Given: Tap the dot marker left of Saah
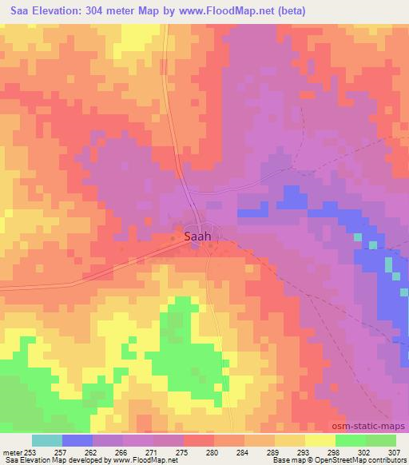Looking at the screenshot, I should click(173, 237).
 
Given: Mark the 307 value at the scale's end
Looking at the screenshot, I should click(395, 451).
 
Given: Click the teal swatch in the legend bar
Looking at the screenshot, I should click(47, 440).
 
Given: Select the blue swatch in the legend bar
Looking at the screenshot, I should click(77, 440).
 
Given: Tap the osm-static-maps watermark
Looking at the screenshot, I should click(374, 427).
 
